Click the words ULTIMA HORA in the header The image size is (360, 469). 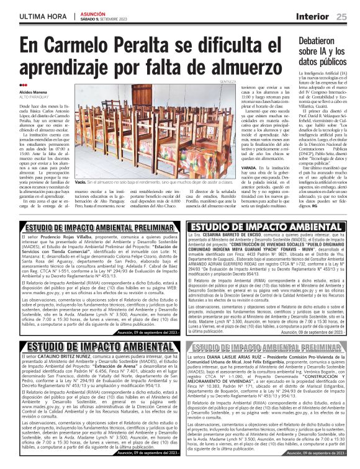(x=42, y=17)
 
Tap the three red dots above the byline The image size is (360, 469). (x=23, y=86)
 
